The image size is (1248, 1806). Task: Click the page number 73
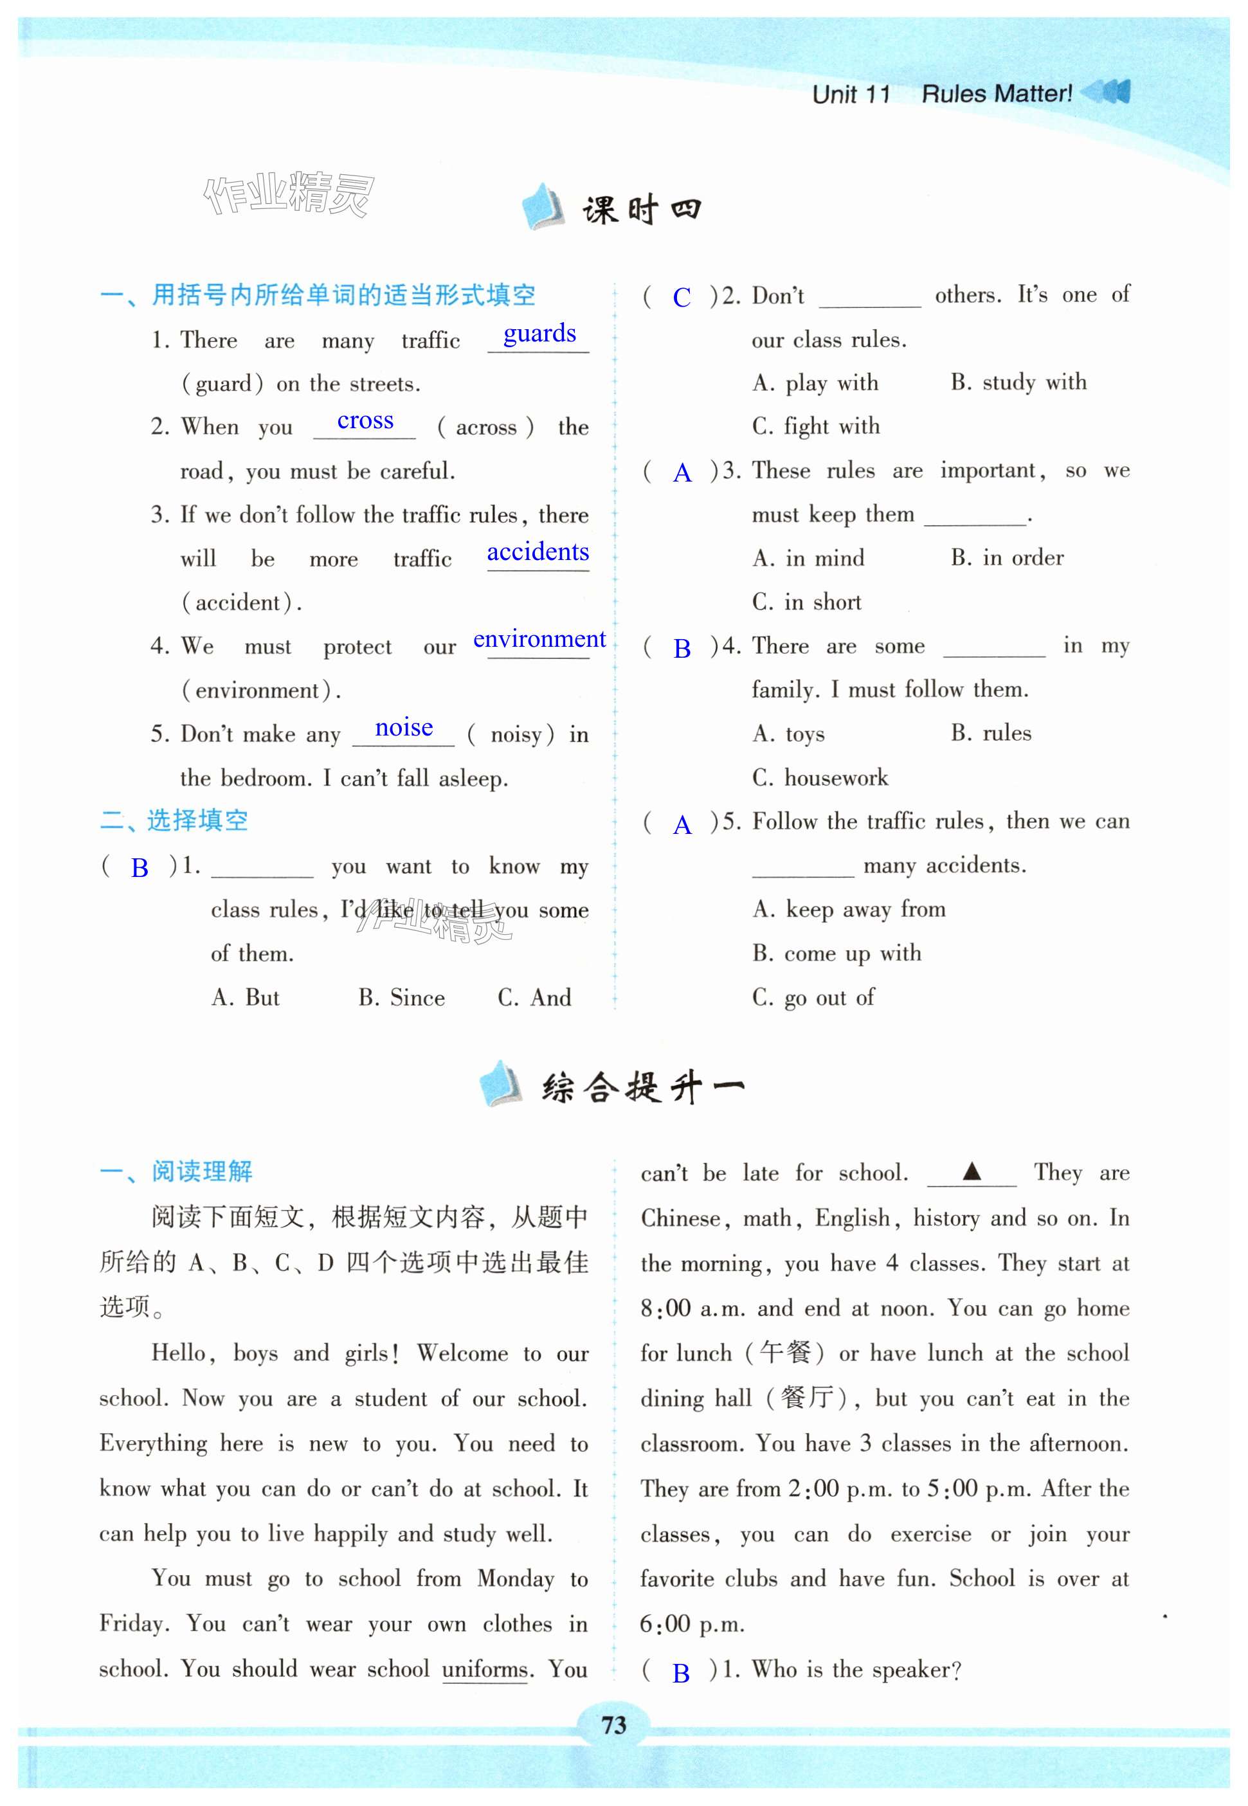615,1723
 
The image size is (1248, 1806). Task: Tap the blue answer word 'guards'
539,334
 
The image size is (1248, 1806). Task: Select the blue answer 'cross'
365,420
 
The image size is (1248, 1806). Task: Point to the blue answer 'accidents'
538,552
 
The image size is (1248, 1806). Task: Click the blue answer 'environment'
539,640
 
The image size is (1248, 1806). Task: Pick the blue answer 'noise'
404,728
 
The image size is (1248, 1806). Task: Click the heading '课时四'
641,210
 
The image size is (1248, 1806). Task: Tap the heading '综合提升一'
643,1087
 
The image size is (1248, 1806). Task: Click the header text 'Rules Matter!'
997,95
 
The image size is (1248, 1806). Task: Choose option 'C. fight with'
815,426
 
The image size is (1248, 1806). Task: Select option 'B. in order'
1007,557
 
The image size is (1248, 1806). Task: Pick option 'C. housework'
820,777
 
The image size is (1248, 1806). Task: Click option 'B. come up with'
837,953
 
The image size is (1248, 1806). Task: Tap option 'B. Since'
402,998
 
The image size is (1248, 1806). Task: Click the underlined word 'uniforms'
485,1668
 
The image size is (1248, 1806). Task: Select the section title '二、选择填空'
174,820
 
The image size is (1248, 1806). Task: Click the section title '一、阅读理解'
176,1171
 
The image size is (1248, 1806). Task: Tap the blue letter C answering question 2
682,297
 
